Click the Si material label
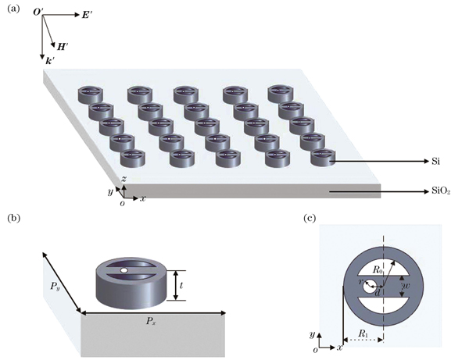point(415,162)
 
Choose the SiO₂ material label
point(421,191)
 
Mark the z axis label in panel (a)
point(124,180)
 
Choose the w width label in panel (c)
point(406,286)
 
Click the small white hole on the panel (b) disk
point(125,271)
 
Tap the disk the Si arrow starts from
point(322,157)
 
